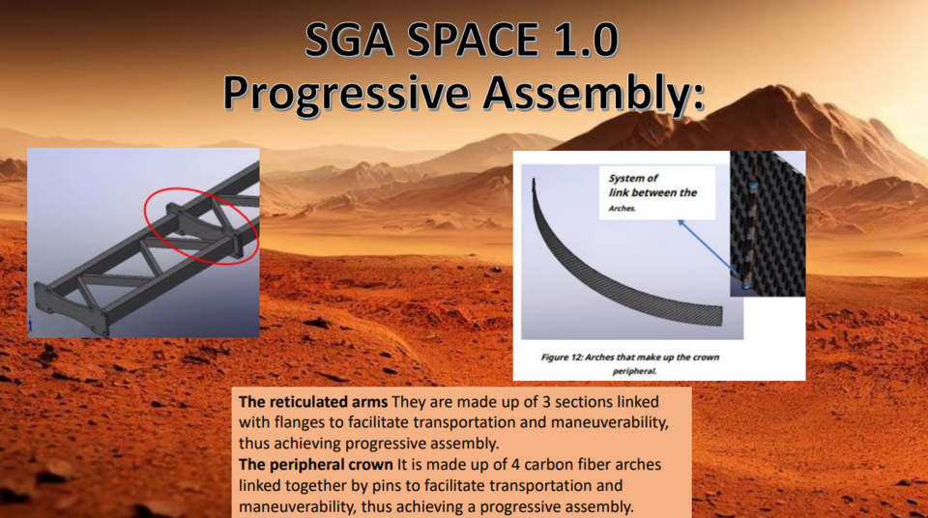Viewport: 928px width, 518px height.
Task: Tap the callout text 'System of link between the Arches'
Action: (652, 192)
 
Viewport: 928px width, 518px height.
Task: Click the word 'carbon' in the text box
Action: (512, 465)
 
